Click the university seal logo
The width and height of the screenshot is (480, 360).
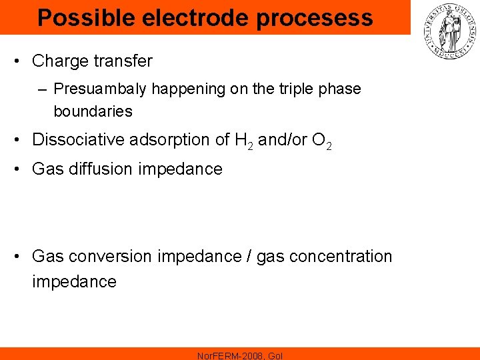[x=447, y=31]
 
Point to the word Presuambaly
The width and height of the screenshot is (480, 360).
[x=97, y=89]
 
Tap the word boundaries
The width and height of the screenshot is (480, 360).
[x=93, y=111]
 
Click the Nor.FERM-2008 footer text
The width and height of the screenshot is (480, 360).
[x=240, y=355]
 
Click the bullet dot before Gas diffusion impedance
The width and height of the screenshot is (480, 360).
[x=23, y=169]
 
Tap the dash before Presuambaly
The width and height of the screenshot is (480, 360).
[x=44, y=89]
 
